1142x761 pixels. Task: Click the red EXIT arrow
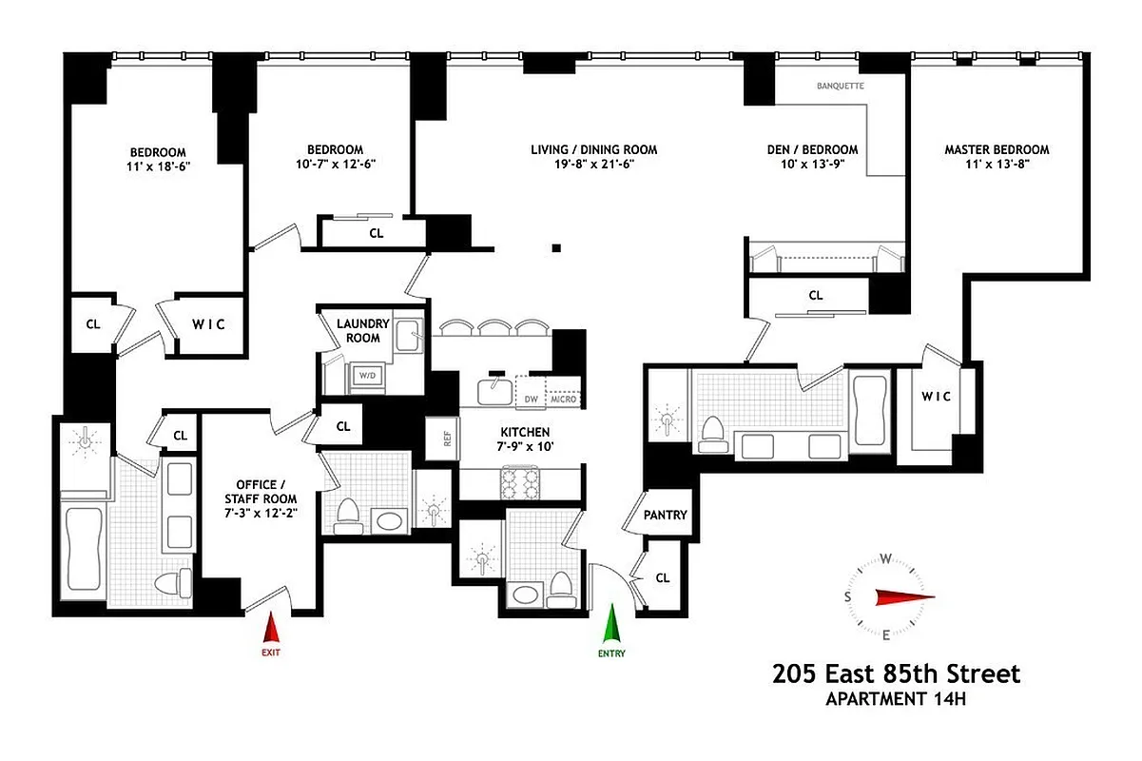coord(271,629)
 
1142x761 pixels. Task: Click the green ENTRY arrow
coord(611,627)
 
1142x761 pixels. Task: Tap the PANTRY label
coord(665,515)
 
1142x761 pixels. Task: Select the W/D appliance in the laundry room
coord(366,377)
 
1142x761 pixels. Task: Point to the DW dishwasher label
coord(532,399)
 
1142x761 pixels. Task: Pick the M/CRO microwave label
coord(565,399)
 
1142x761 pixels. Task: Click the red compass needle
coord(904,596)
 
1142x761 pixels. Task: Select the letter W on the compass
coord(885,558)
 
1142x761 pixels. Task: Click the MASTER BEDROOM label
coord(997,149)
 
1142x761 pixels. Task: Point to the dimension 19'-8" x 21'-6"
coord(593,164)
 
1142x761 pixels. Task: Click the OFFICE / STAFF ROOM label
coord(261,492)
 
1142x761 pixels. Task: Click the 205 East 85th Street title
coord(896,674)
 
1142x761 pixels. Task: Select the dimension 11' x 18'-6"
coord(158,166)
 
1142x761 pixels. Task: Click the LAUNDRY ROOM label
coord(358,331)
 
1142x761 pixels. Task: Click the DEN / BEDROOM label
coord(812,149)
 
